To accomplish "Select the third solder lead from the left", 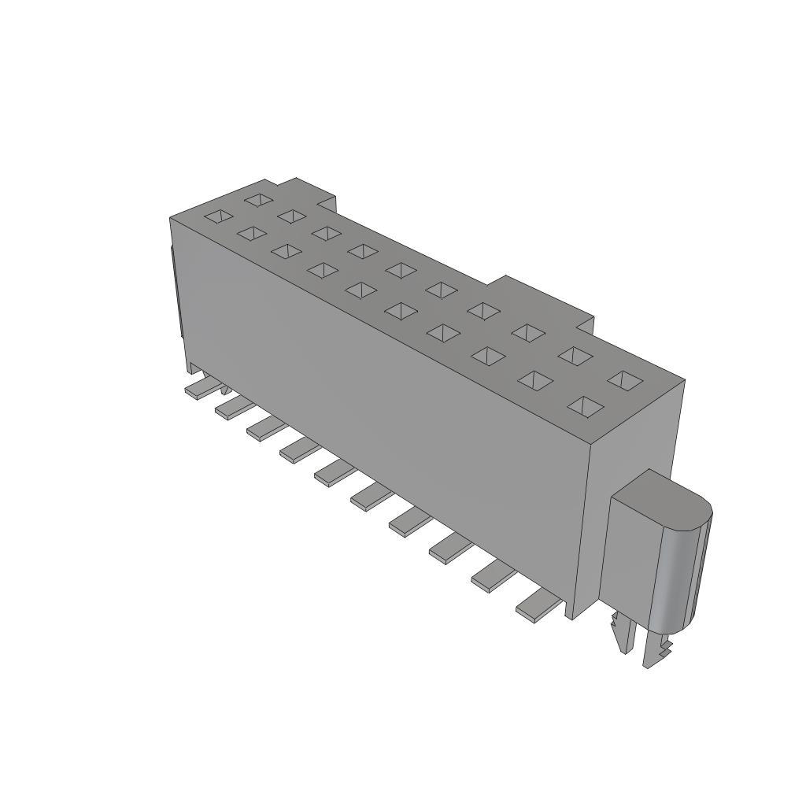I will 264,428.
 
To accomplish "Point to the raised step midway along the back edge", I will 543,296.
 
